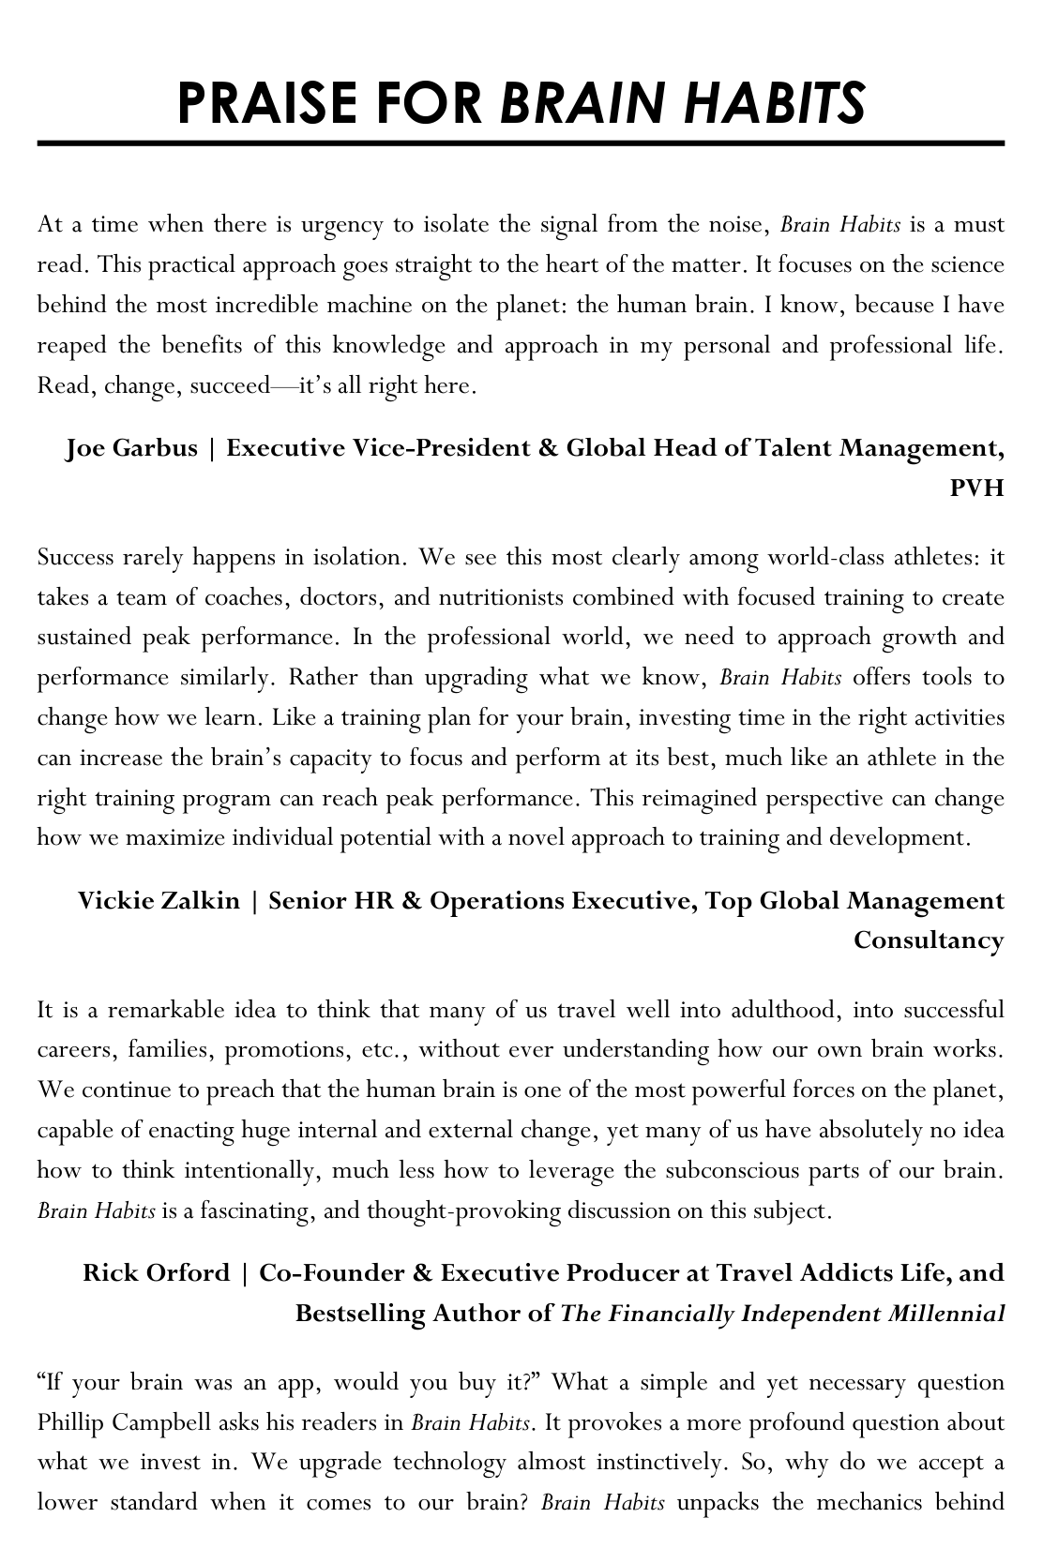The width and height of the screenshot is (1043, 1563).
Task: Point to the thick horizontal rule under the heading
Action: [x=521, y=144]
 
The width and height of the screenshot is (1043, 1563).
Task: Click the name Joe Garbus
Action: [x=131, y=448]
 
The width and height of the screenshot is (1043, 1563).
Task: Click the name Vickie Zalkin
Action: [x=159, y=901]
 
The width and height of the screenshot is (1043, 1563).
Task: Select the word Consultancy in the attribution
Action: [x=929, y=940]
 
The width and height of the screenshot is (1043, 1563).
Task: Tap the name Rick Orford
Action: [x=156, y=1273]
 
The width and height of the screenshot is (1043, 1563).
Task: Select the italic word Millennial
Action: [x=945, y=1314]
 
